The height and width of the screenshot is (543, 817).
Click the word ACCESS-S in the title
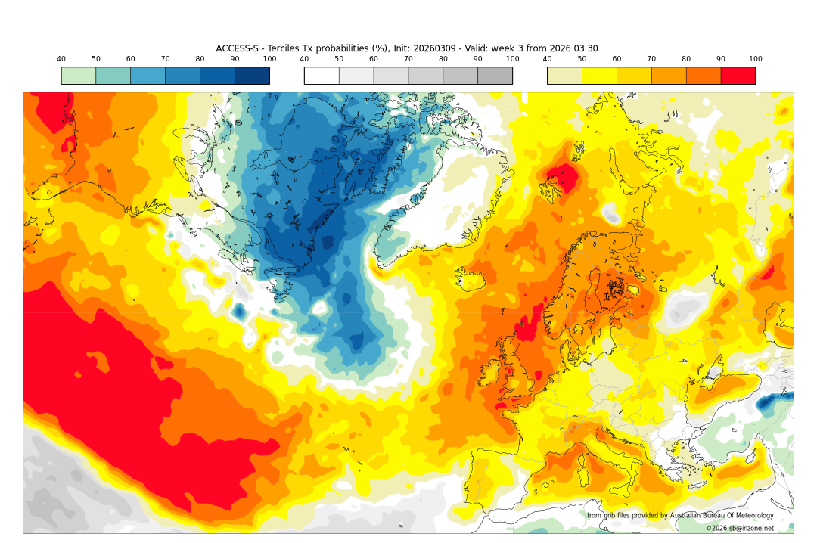[237, 48]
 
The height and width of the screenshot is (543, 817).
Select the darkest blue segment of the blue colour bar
[252, 76]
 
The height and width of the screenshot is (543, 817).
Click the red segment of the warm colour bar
[738, 76]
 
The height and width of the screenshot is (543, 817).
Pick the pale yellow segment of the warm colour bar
[564, 76]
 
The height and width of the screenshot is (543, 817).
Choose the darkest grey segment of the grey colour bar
[495, 76]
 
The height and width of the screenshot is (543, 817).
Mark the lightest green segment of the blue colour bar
[78, 76]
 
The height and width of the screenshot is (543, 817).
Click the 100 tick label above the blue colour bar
[269, 59]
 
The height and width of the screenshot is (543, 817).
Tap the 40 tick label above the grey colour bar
[304, 59]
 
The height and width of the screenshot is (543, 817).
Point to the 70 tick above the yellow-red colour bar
[651, 59]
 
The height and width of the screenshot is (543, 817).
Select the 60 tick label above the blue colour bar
[130, 59]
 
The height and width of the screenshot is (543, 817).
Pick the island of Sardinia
[583, 473]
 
